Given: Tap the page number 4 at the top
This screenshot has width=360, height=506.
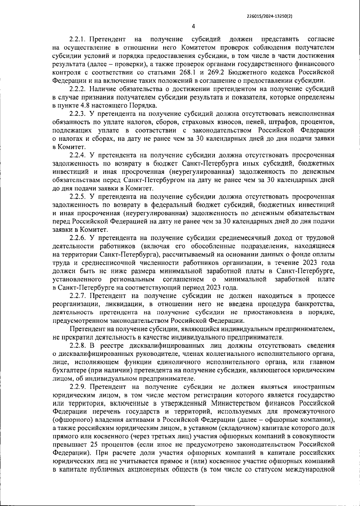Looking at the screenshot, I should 193,26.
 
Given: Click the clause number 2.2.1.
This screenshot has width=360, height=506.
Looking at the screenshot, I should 78,40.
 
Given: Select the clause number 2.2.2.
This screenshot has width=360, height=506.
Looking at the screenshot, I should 78,89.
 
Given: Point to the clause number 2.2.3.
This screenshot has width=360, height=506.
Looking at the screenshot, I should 78,114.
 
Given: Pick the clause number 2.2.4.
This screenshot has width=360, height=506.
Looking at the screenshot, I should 78,155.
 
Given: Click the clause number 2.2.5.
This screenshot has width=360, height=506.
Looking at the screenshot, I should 78,197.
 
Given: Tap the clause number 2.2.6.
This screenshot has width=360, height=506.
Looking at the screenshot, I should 78,238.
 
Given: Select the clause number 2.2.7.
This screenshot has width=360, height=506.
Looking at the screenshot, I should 78,296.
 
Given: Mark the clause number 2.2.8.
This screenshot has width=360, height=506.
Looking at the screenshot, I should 78,345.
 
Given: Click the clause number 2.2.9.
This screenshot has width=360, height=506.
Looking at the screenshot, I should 78,386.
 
